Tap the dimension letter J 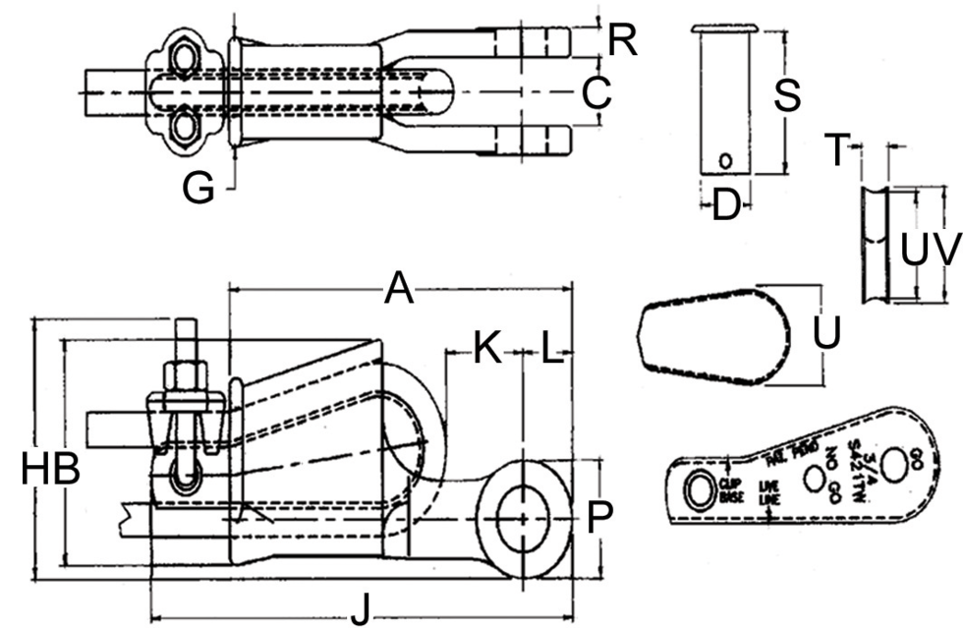[361, 612]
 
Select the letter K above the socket [486, 348]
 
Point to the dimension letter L [552, 348]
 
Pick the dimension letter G [198, 187]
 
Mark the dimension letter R [622, 40]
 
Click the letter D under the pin [725, 206]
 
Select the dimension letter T [836, 151]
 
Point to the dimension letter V [945, 251]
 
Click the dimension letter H [35, 470]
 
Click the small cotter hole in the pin [725, 159]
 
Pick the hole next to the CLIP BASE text [699, 489]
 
